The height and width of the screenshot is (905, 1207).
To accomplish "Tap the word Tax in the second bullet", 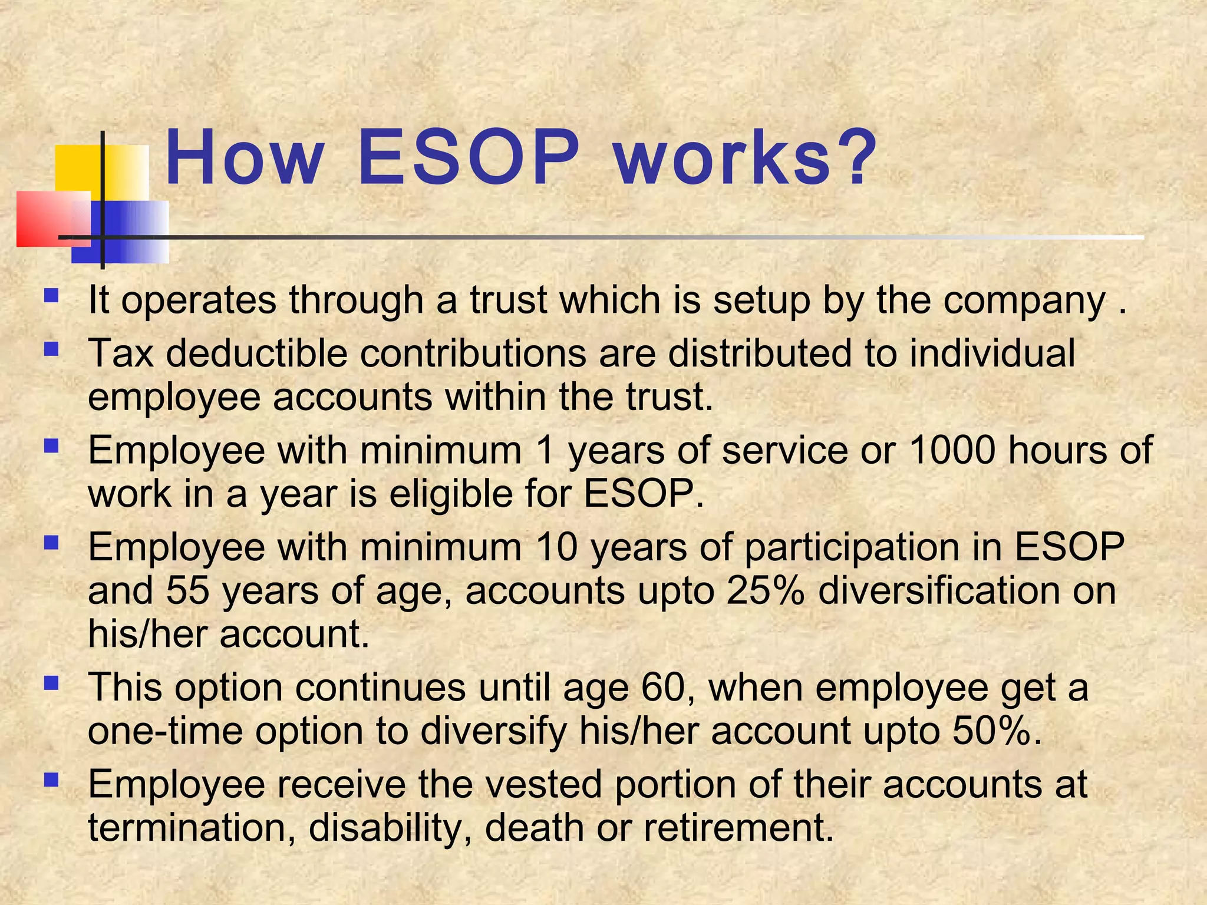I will [121, 354].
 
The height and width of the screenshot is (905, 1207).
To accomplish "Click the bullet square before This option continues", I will [52, 683].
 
